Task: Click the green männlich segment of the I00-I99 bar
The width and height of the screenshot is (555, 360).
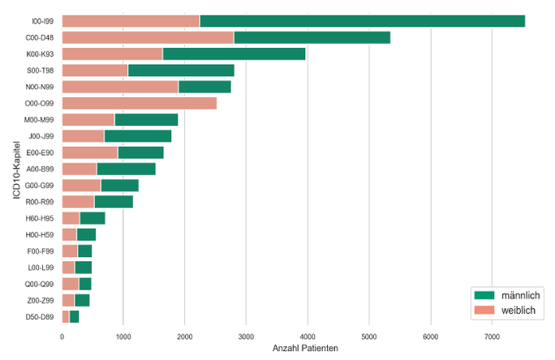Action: pos(362,21)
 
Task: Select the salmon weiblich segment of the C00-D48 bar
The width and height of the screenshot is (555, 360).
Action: pos(148,37)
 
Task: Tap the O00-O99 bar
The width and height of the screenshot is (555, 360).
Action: pos(139,103)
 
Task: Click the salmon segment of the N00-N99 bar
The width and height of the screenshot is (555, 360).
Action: pos(120,87)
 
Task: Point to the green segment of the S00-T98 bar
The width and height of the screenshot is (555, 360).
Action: pos(181,71)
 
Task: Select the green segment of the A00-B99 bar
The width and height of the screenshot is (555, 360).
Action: pos(126,169)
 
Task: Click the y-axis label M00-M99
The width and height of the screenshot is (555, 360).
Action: pos(40,120)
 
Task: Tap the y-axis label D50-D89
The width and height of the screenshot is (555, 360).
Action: pos(40,316)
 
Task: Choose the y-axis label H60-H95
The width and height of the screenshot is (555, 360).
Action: pos(40,218)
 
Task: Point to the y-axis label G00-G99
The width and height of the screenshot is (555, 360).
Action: pos(40,186)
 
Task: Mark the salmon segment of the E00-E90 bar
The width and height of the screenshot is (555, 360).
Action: pos(89,152)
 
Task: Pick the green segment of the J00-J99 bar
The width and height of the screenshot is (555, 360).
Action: pos(138,136)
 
